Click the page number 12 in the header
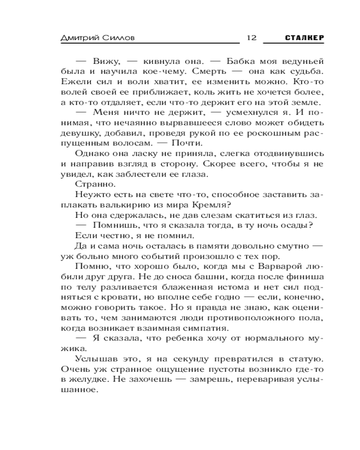tap(251, 37)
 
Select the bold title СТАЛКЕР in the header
tap(305, 38)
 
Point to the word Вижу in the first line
tap(104, 61)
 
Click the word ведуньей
tap(301, 61)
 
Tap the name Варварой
tap(277, 267)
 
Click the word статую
tap(305, 360)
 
